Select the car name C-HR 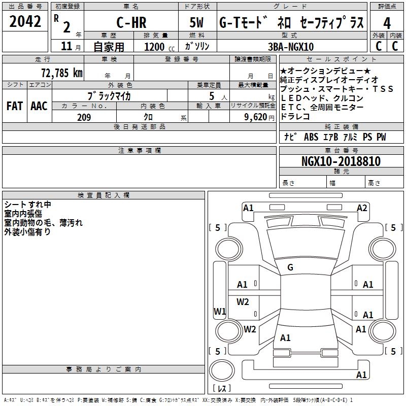[131, 23]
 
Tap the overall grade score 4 [387, 23]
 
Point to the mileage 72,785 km [61, 73]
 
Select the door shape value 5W [197, 23]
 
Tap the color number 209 [84, 117]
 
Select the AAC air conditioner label [39, 106]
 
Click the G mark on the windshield [290, 267]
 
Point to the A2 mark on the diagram [362, 208]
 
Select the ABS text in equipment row [311, 137]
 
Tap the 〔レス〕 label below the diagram [221, 389]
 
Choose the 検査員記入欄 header [104, 195]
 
